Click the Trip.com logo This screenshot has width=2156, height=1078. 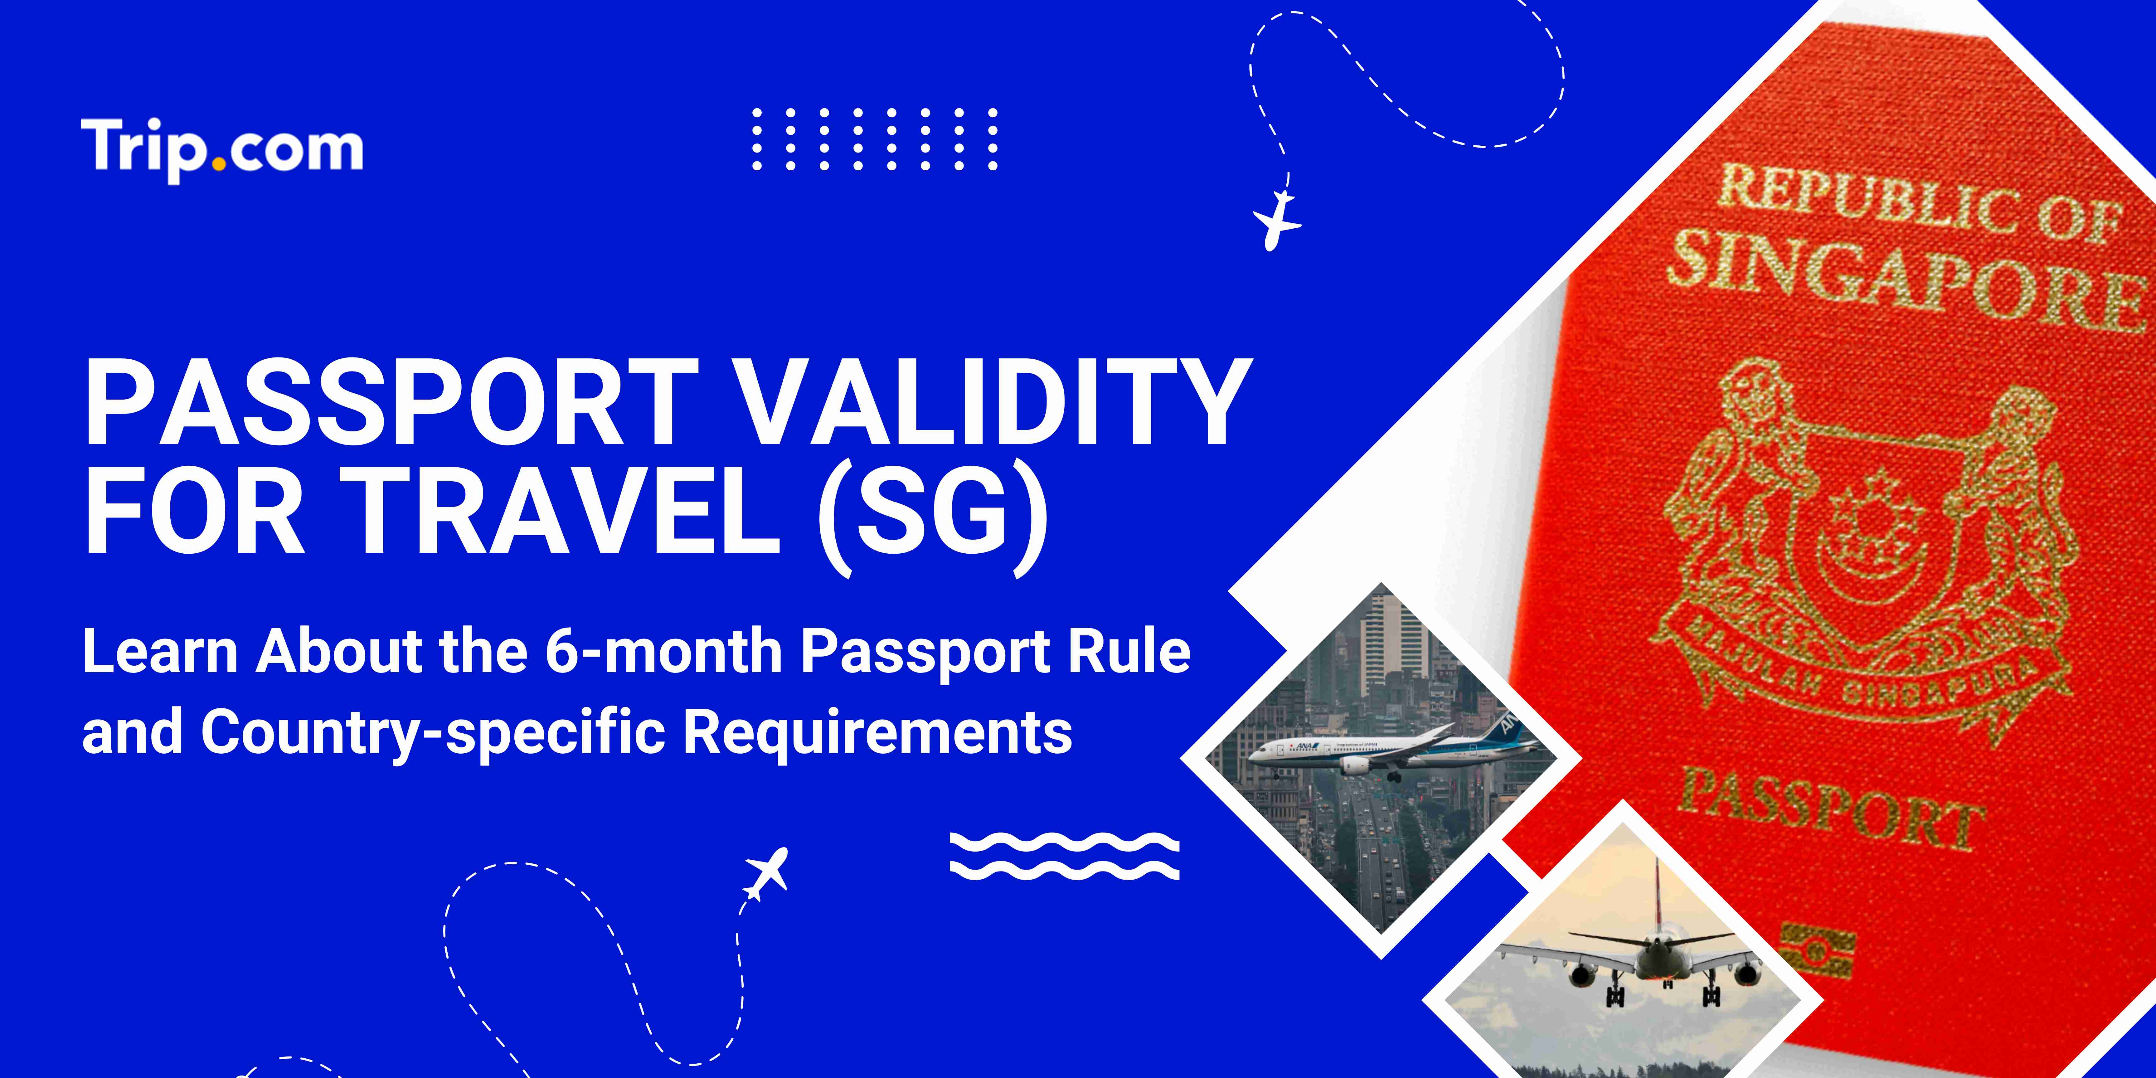click(x=222, y=149)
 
